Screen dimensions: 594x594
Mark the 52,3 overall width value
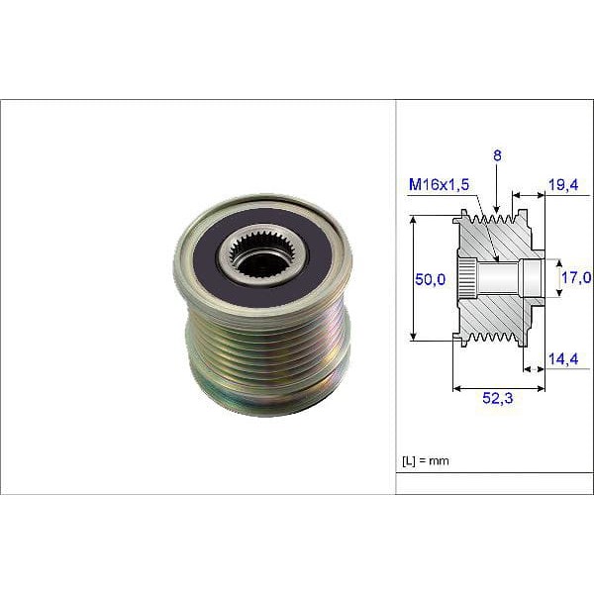point(497,401)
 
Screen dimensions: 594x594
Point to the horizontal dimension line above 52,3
point(498,387)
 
